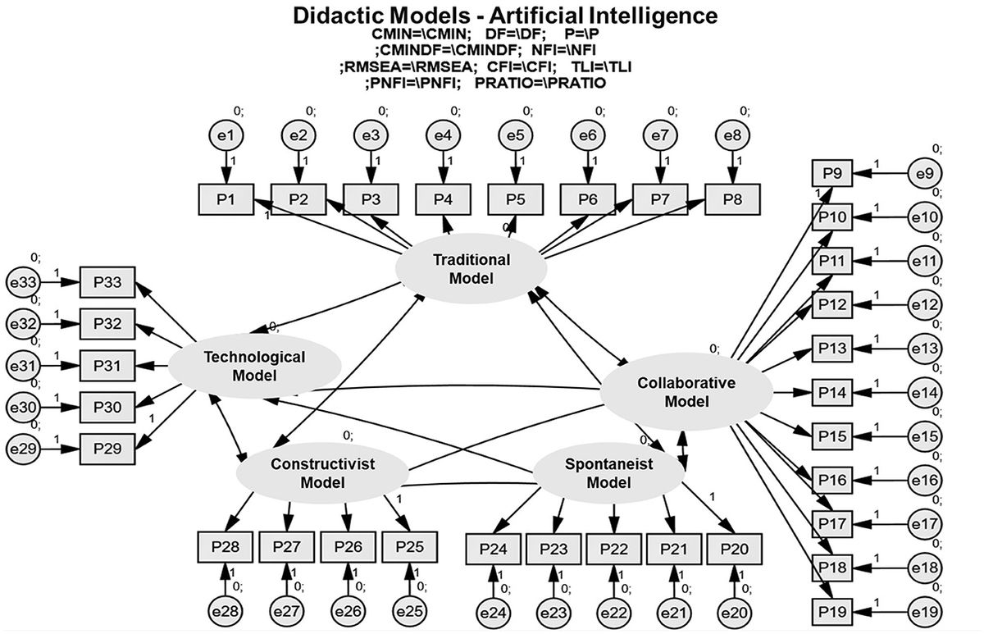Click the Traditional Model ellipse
click(x=471, y=268)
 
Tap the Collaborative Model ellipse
click(x=686, y=392)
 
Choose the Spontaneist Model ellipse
click(x=608, y=472)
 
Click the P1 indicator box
click(x=227, y=199)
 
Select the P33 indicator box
click(x=107, y=283)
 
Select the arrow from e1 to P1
click(x=227, y=168)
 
